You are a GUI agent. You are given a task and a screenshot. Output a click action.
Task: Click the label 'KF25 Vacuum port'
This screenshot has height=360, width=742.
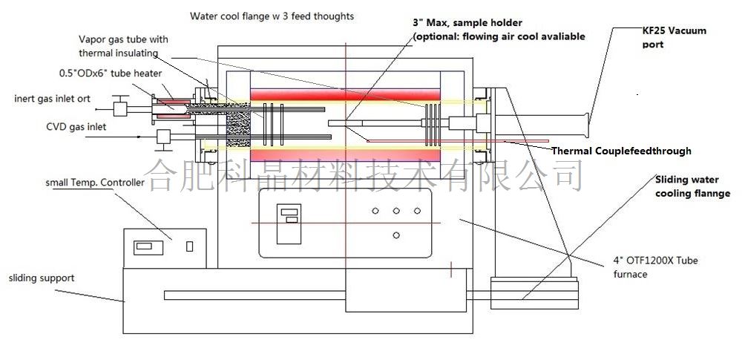[674, 37]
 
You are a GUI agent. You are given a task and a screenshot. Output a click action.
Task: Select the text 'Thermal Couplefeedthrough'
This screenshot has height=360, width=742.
[621, 151]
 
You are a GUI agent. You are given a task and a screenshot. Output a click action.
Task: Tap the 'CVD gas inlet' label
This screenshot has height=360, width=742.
[76, 127]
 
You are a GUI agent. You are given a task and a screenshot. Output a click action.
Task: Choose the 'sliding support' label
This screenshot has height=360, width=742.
[42, 278]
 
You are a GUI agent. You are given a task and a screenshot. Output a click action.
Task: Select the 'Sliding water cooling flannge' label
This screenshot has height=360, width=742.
[692, 186]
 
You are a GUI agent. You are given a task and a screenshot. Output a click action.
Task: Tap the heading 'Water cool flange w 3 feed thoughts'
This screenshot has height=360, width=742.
[272, 16]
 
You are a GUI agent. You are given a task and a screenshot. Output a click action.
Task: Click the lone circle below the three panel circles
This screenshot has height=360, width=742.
[396, 235]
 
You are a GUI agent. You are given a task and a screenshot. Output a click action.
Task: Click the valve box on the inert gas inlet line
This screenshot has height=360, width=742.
[120, 108]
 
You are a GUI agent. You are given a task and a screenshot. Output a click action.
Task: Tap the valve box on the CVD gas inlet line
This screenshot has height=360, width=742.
[165, 136]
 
